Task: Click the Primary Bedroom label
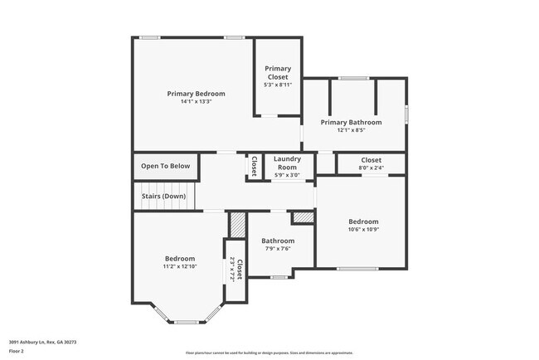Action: tap(196, 94)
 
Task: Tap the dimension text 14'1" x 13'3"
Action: tap(196, 102)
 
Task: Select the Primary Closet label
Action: tap(277, 72)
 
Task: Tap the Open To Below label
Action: tap(165, 166)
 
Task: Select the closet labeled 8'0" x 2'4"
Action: tap(371, 160)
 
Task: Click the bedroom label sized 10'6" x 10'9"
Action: tap(363, 221)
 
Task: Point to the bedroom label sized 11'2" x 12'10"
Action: tap(179, 258)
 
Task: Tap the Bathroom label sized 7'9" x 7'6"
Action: tap(278, 241)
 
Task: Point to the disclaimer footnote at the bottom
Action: tap(269, 352)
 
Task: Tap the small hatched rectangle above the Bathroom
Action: tap(303, 217)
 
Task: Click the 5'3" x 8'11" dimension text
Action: tap(277, 85)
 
